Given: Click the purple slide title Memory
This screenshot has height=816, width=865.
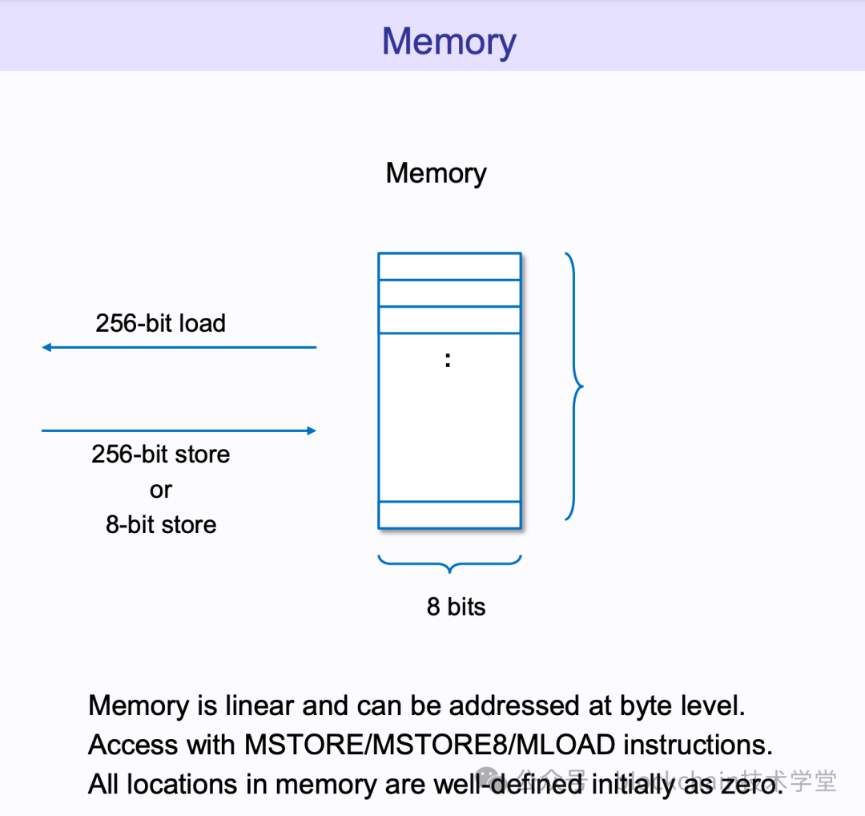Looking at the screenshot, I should tap(449, 42).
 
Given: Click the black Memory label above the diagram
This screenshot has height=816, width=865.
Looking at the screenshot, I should tap(436, 173).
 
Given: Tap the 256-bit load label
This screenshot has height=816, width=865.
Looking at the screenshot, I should tap(160, 323).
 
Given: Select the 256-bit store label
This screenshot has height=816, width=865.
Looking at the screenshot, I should tap(160, 454).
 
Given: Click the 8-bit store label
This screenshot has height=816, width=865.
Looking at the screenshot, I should tap(161, 525).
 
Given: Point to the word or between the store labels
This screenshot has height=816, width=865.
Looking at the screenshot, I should tap(161, 490).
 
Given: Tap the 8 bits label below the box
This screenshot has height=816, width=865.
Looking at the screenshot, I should tap(456, 607).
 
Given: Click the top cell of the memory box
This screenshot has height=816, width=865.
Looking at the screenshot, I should tap(449, 266).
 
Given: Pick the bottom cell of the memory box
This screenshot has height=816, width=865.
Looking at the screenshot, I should tap(449, 515).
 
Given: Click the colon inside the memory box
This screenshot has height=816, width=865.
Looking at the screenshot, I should tap(448, 361).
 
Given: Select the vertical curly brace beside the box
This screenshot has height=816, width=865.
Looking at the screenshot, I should tap(574, 386).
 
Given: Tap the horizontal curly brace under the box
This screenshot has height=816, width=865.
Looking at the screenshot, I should tap(449, 564).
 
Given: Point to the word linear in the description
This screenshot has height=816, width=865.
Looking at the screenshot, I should tap(259, 706).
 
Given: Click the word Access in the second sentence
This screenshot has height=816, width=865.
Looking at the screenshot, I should tap(133, 745).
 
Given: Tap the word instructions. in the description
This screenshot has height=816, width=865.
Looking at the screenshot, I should tap(698, 745).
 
